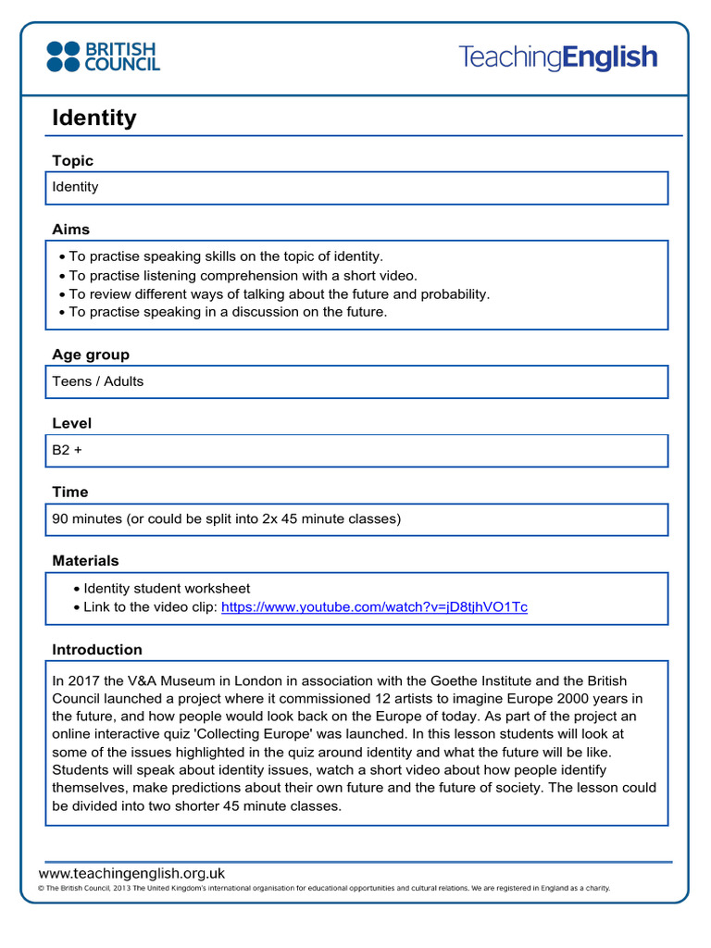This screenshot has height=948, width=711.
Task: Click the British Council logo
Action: [103, 56]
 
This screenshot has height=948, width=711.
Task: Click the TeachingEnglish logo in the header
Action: [557, 57]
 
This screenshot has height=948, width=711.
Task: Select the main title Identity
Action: [94, 118]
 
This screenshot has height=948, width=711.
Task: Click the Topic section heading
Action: [72, 161]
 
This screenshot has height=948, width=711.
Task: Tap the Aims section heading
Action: [70, 230]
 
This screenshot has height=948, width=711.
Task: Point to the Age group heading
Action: [91, 355]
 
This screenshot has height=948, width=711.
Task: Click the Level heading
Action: [72, 424]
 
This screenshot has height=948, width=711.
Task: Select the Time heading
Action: [70, 493]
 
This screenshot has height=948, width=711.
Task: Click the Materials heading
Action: [85, 561]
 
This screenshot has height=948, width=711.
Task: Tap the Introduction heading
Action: [97, 650]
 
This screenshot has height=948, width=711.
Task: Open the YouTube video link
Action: [374, 607]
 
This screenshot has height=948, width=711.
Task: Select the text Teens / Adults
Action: [98, 381]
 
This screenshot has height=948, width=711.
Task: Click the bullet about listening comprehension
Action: [243, 275]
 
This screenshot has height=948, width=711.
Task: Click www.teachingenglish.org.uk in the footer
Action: [131, 873]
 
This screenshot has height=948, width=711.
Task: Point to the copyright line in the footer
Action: [324, 888]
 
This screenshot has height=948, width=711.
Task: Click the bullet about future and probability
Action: [279, 293]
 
